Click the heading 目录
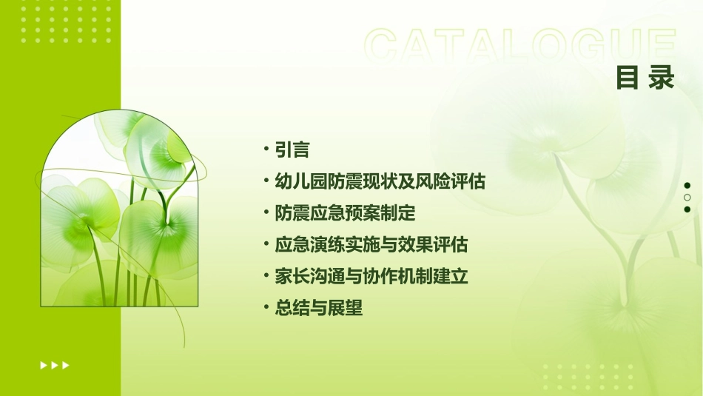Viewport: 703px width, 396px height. pos(645,78)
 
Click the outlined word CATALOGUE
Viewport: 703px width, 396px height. pos(519,46)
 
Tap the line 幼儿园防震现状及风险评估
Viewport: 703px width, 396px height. pos(380,182)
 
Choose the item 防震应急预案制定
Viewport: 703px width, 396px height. pos(345,214)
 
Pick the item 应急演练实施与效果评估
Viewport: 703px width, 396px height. pos(371,245)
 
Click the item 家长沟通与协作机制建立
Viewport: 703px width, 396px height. pos(371,277)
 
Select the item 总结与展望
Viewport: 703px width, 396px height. pos(318,309)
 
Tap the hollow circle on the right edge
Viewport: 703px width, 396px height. pos(687,198)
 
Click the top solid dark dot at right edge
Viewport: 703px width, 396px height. pos(687,186)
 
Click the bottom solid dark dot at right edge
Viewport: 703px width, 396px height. pos(687,209)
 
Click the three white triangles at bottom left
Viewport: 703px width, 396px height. pos(55,365)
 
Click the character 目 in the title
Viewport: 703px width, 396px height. pos(628,78)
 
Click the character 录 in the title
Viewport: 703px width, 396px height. pos(662,78)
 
